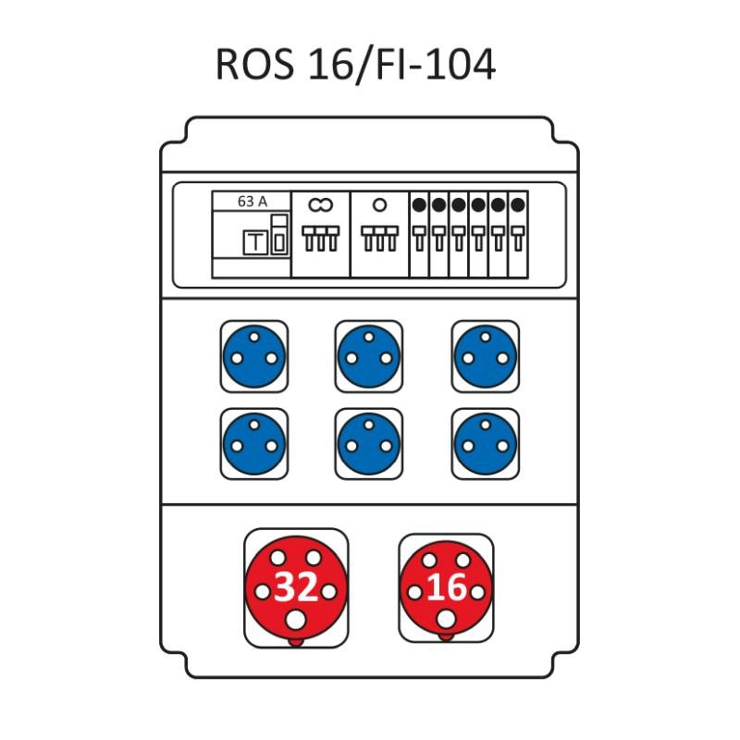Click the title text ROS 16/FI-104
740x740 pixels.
click(x=355, y=64)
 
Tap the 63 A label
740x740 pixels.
click(x=252, y=202)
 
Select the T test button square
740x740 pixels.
click(x=255, y=242)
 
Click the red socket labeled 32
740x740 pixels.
click(x=296, y=587)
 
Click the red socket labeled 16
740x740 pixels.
click(x=446, y=587)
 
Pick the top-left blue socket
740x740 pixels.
click(x=254, y=356)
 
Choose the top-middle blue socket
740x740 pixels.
click(x=369, y=356)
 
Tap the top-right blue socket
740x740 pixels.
click(x=486, y=356)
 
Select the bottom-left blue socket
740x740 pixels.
click(x=254, y=444)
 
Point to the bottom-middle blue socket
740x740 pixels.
click(x=369, y=444)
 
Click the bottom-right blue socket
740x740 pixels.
click(x=486, y=444)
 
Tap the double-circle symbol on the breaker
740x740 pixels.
click(x=321, y=204)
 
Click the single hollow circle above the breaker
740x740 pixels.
click(x=379, y=204)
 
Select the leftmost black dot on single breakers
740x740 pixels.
click(x=419, y=204)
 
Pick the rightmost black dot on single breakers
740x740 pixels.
click(x=518, y=204)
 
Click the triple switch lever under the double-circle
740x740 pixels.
click(x=321, y=239)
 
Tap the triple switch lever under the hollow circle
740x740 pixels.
click(x=380, y=239)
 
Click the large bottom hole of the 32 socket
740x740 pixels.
click(x=296, y=620)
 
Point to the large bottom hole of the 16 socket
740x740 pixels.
click(x=446, y=619)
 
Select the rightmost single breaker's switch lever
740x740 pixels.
click(x=518, y=239)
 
